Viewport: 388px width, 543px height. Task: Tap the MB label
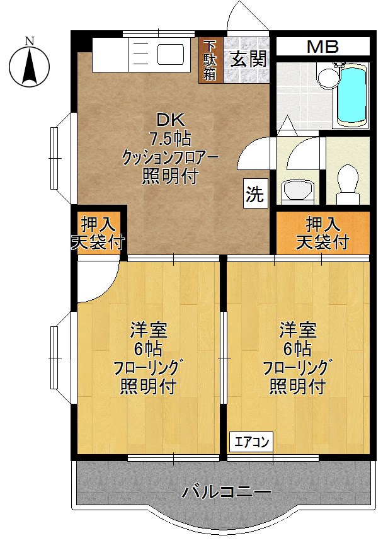pyautogui.click(x=322, y=46)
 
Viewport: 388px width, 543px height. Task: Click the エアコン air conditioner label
pyautogui.click(x=251, y=442)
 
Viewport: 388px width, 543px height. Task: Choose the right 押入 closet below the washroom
pyautogui.click(x=322, y=232)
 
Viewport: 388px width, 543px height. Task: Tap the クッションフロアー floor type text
pyautogui.click(x=169, y=157)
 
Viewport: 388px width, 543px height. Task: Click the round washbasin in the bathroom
pyautogui.click(x=326, y=77)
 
